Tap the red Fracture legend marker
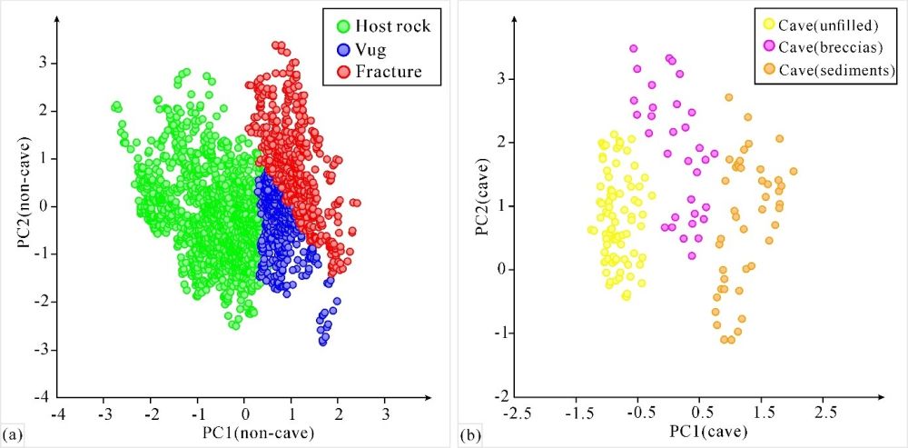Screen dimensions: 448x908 click(x=345, y=72)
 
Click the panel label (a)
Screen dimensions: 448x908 click(x=11, y=434)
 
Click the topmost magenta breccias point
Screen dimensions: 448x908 click(x=634, y=48)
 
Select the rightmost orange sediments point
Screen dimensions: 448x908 click(x=794, y=171)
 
